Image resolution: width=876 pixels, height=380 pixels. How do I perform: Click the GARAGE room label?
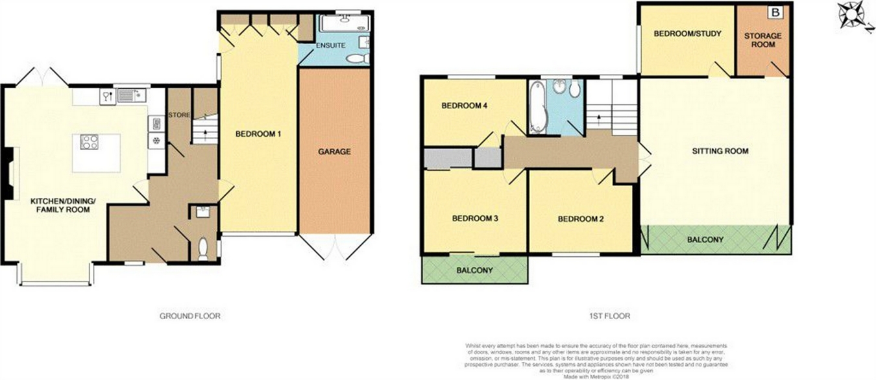tap(334, 152)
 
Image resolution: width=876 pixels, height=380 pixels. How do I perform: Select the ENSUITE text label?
tap(330, 46)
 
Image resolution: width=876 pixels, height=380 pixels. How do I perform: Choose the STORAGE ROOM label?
tap(763, 40)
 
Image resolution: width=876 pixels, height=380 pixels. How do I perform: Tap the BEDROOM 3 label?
tap(475, 219)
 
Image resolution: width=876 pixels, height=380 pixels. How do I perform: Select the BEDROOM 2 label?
tap(581, 219)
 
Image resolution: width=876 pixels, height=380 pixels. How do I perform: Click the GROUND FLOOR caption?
tap(190, 316)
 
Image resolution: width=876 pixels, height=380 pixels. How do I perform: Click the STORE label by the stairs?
tap(179, 115)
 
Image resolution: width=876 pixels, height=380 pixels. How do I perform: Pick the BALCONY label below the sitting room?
tap(705, 240)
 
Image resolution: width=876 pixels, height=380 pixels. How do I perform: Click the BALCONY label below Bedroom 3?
tap(474, 270)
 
